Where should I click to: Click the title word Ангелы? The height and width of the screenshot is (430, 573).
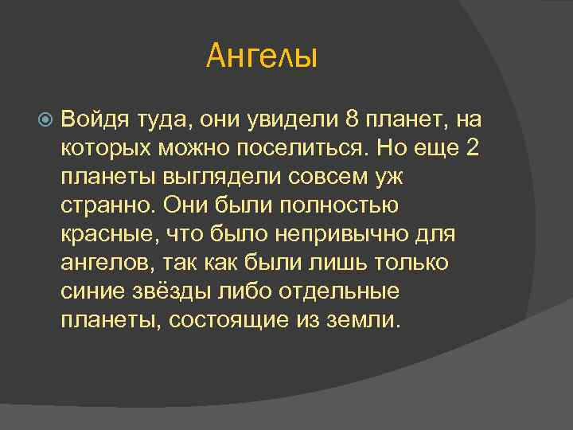[x=262, y=57]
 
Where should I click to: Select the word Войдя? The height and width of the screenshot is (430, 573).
[x=92, y=120]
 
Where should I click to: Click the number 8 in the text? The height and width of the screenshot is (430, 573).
[x=352, y=120]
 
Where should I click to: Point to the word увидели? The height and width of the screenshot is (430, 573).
[x=298, y=120]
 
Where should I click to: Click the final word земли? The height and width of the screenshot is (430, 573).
[x=366, y=321]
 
